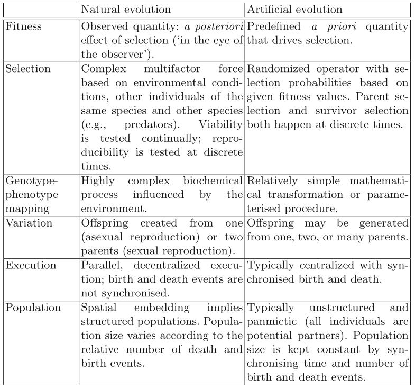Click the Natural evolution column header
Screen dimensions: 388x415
coord(126,10)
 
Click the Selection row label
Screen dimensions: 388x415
coord(28,69)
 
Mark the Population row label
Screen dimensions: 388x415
coord(33,308)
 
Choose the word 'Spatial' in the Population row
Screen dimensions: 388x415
coord(98,308)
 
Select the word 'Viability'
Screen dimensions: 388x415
coord(222,124)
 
